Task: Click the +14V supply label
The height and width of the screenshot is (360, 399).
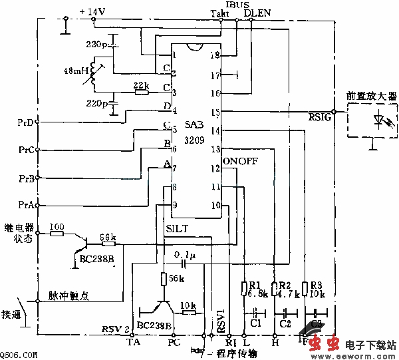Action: click(x=92, y=11)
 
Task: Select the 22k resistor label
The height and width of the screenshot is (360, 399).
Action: click(x=141, y=85)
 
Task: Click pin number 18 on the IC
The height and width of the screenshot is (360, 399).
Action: click(x=214, y=56)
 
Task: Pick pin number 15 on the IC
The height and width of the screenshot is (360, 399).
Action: click(x=214, y=112)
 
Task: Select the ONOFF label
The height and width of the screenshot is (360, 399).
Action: click(x=240, y=162)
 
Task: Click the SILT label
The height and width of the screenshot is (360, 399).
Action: click(x=177, y=228)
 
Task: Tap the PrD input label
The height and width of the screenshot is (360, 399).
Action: click(x=27, y=122)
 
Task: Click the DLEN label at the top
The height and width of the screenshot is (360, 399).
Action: click(x=257, y=13)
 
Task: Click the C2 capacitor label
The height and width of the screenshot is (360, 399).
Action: click(x=286, y=323)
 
